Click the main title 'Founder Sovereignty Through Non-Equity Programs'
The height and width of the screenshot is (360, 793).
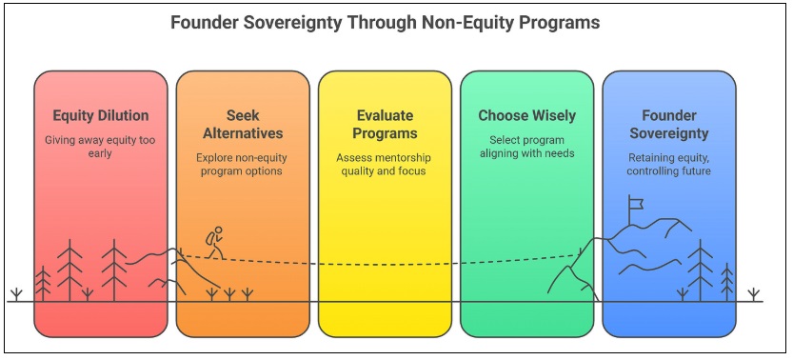[396, 22]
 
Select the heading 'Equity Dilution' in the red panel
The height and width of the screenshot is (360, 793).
[100, 116]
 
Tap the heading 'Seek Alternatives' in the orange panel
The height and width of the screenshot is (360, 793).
[242, 124]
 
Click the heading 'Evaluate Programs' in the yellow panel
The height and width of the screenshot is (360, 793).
[384, 124]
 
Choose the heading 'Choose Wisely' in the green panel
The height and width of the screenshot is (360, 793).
[526, 116]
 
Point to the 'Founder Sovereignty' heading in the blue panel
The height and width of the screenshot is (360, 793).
[668, 124]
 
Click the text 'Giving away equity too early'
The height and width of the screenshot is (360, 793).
[100, 147]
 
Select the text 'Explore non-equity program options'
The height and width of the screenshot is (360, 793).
[242, 165]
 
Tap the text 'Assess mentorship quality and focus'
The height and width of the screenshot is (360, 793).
[384, 165]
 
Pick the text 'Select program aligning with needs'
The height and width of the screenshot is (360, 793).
[526, 147]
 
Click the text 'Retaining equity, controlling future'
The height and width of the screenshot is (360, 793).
[668, 165]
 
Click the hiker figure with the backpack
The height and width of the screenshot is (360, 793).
[216, 241]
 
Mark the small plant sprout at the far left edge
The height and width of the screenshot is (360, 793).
[15, 292]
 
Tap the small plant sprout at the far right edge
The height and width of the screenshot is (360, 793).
[754, 292]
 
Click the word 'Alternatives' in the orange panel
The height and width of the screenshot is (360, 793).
[242, 133]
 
